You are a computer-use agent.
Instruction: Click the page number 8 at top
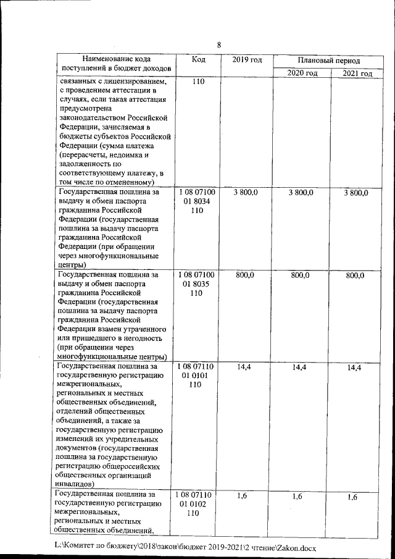(218, 44)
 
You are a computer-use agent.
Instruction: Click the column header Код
(198, 59)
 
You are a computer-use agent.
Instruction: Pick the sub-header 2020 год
(302, 73)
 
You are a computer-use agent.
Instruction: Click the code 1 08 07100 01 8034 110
(197, 201)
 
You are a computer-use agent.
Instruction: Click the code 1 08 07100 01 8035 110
(197, 284)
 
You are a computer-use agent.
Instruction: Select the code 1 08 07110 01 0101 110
(196, 376)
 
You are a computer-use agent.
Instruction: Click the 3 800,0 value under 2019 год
(246, 193)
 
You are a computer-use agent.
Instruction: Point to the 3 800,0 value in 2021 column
(356, 193)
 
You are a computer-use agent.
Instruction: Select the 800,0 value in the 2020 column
(301, 275)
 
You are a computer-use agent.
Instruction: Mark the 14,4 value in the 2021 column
(354, 368)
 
